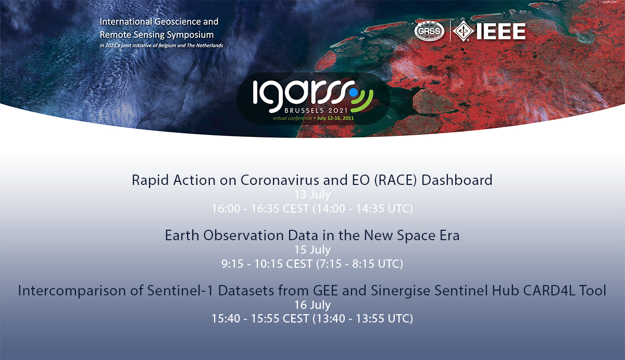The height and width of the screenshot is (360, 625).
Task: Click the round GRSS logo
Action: tap(429, 31)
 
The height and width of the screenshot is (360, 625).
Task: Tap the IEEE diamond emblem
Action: tap(463, 31)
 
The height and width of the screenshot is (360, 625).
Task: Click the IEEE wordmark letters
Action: tap(501, 31)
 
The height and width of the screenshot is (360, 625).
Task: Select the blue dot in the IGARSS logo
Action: tap(354, 92)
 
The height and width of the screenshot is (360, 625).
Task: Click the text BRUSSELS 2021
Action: tap(316, 110)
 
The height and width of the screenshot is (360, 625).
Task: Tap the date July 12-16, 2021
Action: tap(335, 118)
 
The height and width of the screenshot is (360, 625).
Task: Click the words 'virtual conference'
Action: tap(292, 118)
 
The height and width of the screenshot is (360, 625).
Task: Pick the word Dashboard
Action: tap(457, 180)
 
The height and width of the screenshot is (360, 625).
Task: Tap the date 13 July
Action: tap(312, 194)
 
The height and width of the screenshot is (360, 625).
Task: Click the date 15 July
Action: tap(312, 250)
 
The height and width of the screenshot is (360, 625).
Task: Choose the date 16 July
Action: tap(312, 305)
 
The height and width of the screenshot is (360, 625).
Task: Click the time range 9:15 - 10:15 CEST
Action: tap(267, 264)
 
